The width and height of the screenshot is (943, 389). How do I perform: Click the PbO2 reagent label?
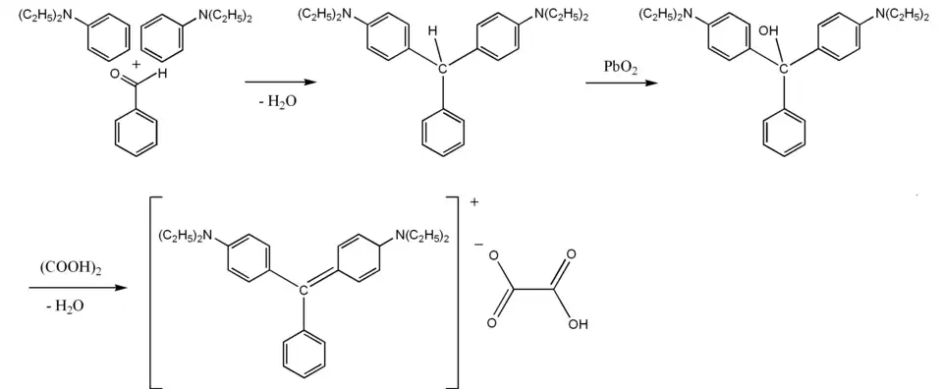tap(620, 66)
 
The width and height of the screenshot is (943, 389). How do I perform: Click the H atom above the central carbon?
tap(432, 33)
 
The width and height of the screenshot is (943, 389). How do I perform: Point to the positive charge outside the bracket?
tap(475, 202)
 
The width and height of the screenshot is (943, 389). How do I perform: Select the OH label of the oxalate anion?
tap(579, 323)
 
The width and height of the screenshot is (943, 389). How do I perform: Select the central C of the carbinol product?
tap(784, 68)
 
